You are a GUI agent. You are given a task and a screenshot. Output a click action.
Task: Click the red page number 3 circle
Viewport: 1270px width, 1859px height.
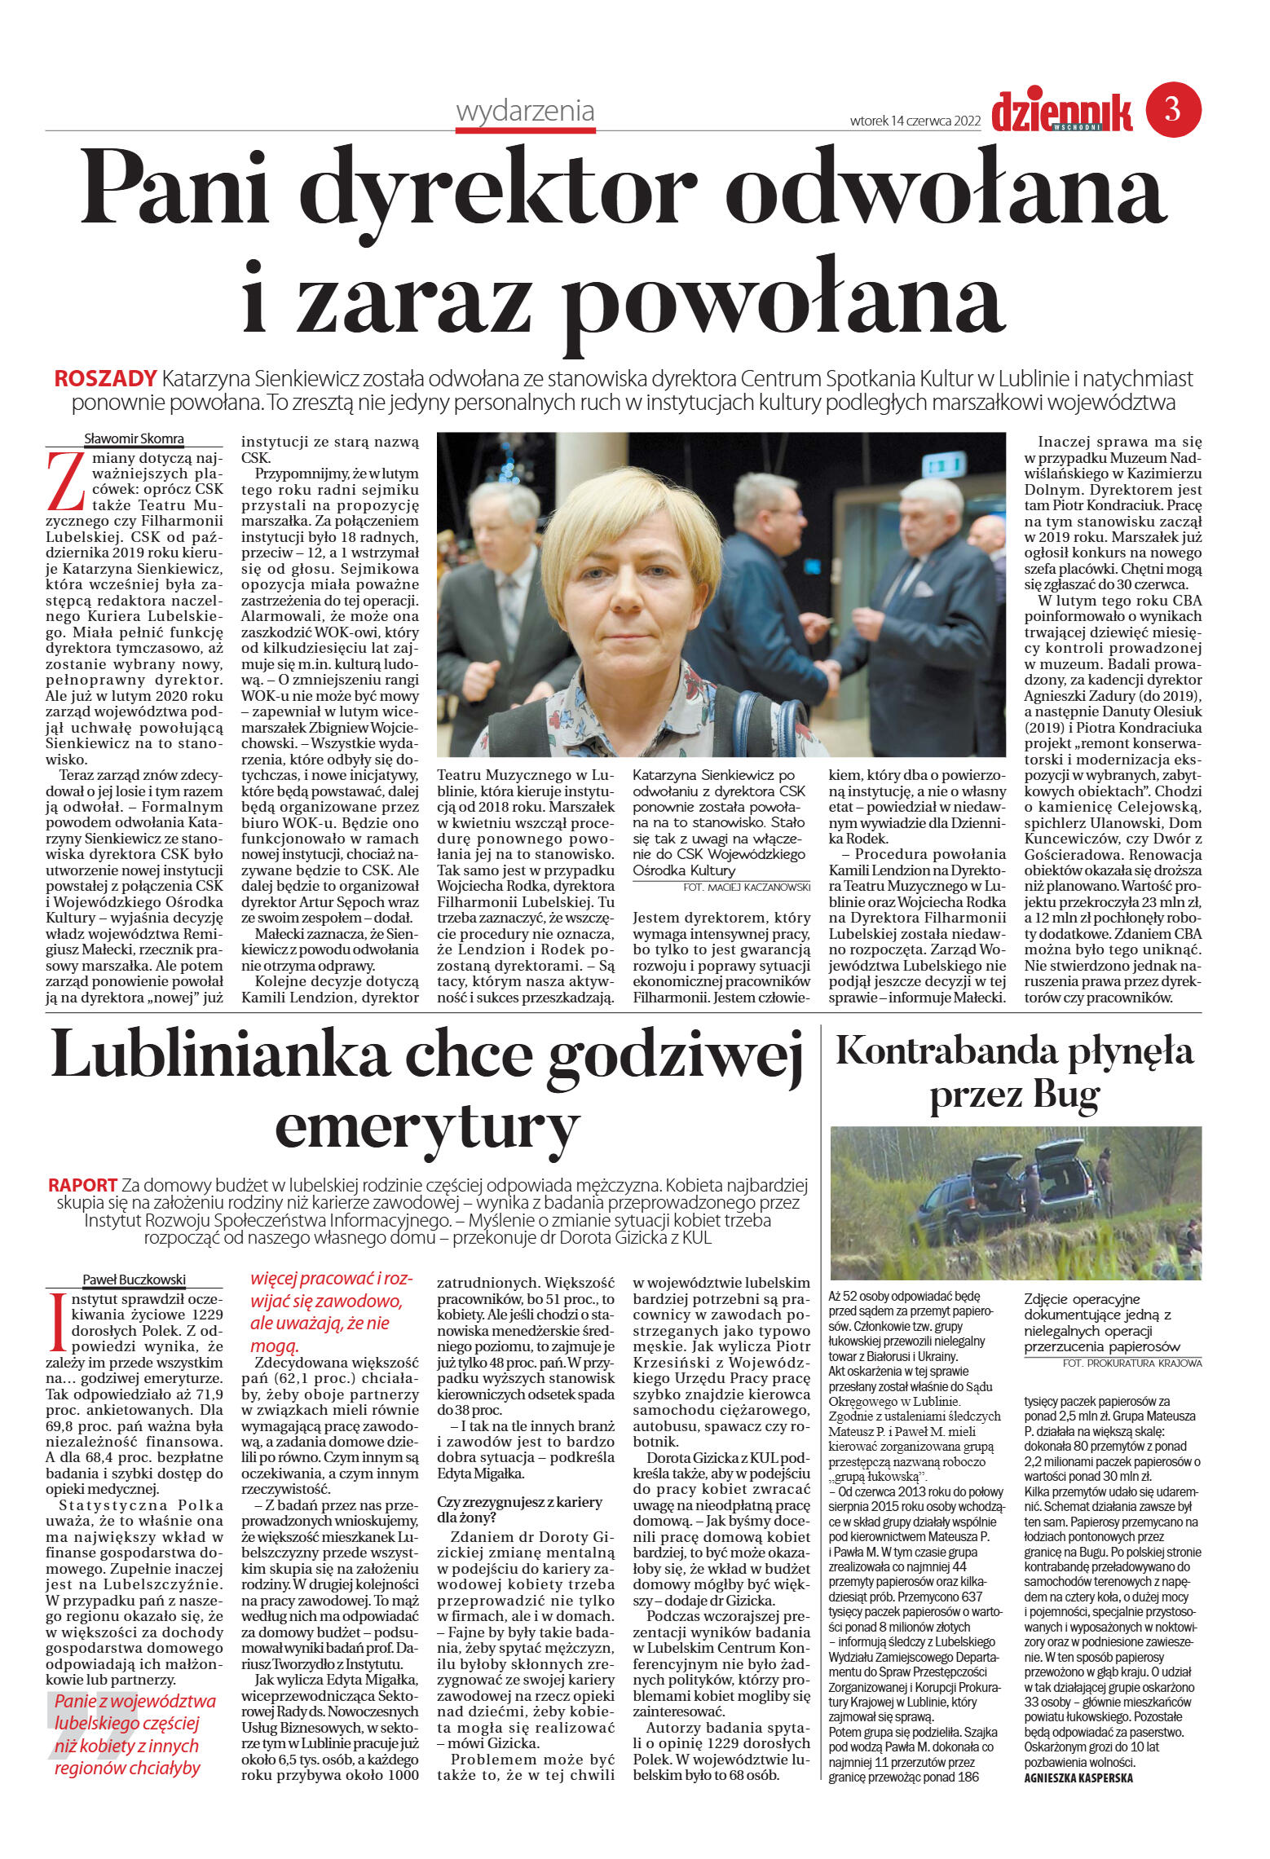1173,109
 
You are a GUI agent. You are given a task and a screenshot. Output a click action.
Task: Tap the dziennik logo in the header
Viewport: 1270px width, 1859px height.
1062,112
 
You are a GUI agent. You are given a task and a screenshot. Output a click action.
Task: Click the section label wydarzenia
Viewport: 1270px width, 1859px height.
525,111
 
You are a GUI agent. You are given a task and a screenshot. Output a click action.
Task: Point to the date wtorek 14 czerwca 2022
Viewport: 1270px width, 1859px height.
915,121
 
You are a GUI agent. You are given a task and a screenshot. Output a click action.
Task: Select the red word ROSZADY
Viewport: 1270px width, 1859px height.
105,379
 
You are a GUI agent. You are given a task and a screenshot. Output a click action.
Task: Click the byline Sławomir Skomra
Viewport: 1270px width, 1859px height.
134,439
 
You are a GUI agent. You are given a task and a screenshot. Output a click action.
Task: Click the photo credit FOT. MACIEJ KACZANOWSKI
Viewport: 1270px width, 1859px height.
747,887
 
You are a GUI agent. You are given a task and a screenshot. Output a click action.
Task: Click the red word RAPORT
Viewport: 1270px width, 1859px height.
82,1185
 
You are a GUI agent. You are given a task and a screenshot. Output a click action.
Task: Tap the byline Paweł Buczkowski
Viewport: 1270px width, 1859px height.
134,1280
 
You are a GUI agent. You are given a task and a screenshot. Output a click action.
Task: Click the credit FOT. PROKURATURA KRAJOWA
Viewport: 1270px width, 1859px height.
1131,1363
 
